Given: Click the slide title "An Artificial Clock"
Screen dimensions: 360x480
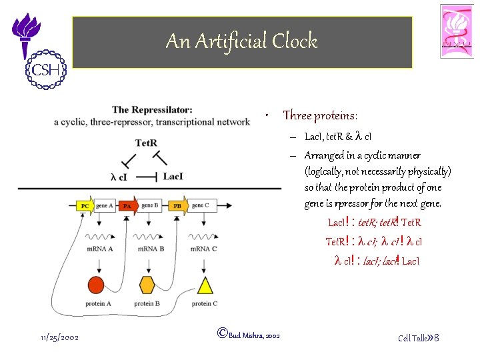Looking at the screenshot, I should click(x=241, y=41).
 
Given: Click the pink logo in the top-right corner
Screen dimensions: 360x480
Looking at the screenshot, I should click(x=457, y=31).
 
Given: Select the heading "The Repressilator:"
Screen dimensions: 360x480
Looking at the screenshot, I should click(x=153, y=110).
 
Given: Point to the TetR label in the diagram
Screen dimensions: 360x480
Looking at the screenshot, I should click(x=146, y=143).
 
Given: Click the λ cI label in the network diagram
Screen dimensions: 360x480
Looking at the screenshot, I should click(x=121, y=177).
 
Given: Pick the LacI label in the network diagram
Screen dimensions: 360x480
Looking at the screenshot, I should click(x=173, y=177).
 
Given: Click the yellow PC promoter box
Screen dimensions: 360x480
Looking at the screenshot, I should click(x=85, y=206).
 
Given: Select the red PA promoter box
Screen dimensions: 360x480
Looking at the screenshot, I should click(x=128, y=206).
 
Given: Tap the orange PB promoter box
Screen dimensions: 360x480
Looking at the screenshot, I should click(x=177, y=206).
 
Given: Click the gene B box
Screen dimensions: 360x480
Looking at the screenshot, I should click(x=150, y=205).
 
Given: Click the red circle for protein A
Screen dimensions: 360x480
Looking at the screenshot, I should click(x=97, y=285).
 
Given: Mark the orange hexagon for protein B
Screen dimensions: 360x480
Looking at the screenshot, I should click(x=147, y=285).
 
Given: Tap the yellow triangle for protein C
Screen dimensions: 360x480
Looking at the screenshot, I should click(x=205, y=285).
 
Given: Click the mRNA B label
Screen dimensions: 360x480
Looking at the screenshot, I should click(x=151, y=249).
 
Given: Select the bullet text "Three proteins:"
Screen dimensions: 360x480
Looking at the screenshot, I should click(x=320, y=116).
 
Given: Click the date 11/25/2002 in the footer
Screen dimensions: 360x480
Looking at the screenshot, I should click(x=59, y=337).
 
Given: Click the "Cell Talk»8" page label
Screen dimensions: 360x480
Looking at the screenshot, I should click(x=418, y=338).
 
